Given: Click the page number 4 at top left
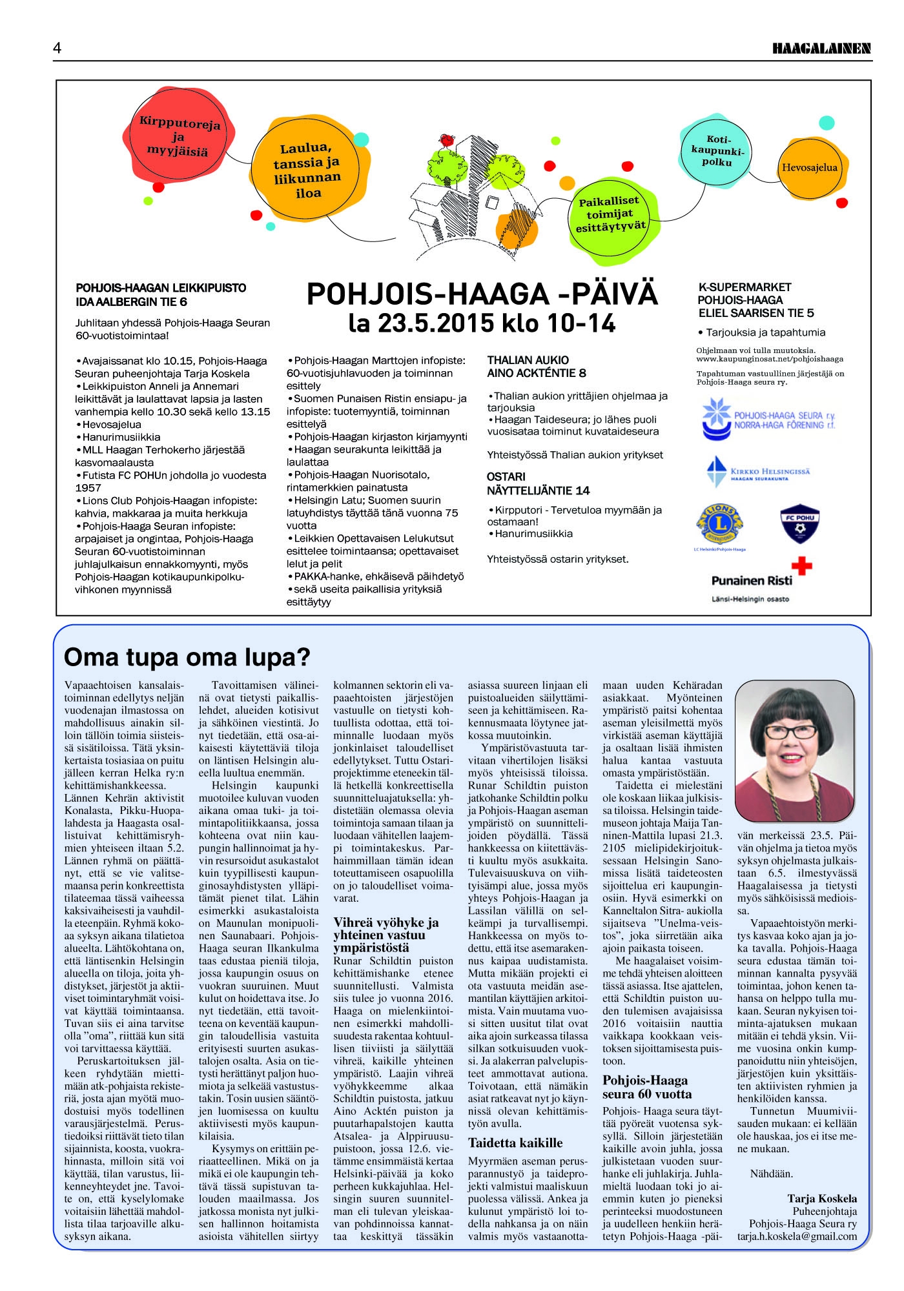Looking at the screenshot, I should click(x=57, y=48).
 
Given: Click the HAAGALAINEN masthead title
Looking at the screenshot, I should click(x=822, y=48).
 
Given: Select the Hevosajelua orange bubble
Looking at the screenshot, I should click(x=809, y=168).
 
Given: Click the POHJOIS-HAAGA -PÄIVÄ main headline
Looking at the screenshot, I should click(x=482, y=294).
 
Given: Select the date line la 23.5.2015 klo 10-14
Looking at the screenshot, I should click(x=482, y=323).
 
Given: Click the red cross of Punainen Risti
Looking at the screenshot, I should click(x=801, y=567).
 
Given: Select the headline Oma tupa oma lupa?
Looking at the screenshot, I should click(x=187, y=658).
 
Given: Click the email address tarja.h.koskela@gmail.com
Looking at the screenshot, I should click(x=797, y=1237).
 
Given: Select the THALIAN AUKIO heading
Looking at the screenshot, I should click(x=528, y=360).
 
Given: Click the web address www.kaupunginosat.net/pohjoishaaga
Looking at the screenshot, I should click(x=770, y=359).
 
